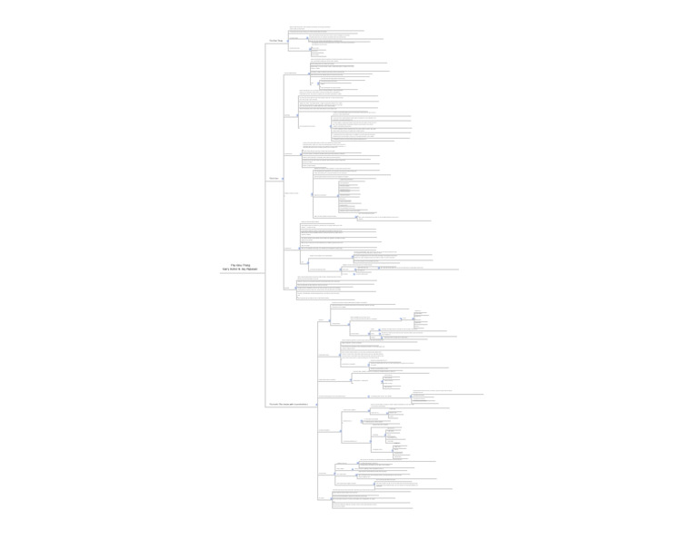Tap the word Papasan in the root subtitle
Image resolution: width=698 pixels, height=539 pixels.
point(251,269)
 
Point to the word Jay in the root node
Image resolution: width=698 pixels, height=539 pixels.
point(244,269)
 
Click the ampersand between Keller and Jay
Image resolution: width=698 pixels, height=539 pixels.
point(239,269)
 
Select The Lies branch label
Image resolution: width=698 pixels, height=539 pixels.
point(274,178)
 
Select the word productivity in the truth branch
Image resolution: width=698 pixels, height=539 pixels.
point(301,405)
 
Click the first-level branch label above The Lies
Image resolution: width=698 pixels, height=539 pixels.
point(275,41)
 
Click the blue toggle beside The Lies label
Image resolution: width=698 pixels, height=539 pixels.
point(282,179)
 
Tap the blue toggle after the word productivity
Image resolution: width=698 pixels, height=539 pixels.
point(315,405)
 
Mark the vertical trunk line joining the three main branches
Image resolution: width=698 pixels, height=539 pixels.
point(265,227)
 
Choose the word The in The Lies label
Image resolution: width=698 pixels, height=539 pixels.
point(271,178)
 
